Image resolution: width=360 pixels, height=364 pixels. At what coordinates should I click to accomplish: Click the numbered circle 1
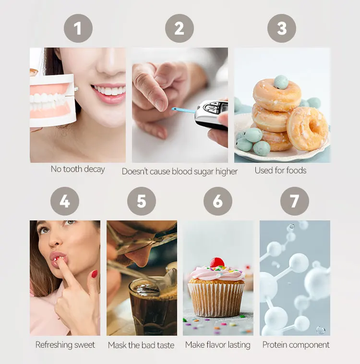pyautogui.click(x=78, y=28)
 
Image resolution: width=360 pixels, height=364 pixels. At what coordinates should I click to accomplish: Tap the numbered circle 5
pyautogui.click(x=142, y=201)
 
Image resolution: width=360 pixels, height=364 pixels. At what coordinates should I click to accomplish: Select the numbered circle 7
pyautogui.click(x=295, y=201)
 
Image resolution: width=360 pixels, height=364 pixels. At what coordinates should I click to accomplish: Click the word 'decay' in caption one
pyautogui.click(x=94, y=169)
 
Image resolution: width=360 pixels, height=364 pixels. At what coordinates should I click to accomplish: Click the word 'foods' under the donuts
pyautogui.click(x=297, y=170)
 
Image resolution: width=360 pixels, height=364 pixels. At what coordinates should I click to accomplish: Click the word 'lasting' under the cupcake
pyautogui.click(x=239, y=345)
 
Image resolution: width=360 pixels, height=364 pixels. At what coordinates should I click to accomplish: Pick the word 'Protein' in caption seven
pyautogui.click(x=276, y=345)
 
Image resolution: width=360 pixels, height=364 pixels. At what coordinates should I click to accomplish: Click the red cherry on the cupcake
pyautogui.click(x=217, y=262)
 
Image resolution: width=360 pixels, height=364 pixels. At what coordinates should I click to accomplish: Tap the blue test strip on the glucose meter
pyautogui.click(x=183, y=110)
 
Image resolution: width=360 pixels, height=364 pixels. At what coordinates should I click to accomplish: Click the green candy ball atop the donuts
pyautogui.click(x=281, y=82)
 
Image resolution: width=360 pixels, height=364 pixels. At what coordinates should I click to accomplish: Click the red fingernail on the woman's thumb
pyautogui.click(x=95, y=274)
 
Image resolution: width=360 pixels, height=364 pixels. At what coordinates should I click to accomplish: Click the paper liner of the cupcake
pyautogui.click(x=216, y=300)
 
